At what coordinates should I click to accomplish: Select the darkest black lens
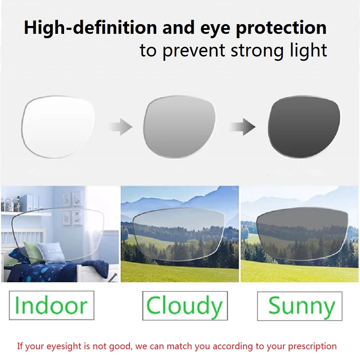point(304,127)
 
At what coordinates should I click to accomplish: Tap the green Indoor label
point(51,305)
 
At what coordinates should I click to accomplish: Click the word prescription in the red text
point(310,347)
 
